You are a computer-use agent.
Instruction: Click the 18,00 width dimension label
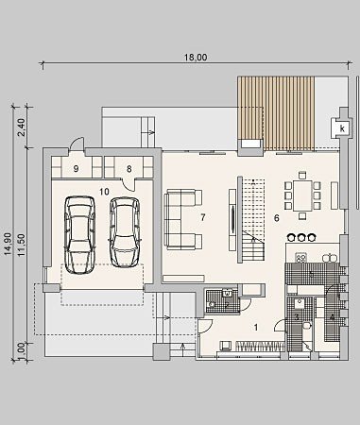coord(196,58)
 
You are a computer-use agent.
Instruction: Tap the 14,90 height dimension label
coord(9,244)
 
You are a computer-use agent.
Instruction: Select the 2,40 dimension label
coord(22,127)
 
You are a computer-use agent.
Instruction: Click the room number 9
coord(76,169)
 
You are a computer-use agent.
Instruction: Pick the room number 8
coord(129,169)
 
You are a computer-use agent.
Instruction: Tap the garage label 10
coord(104,192)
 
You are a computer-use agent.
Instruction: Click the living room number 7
coord(203,217)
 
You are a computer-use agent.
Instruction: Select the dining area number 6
coord(277,218)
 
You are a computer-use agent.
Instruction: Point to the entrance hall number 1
coord(256,328)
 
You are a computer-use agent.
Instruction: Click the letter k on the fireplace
coord(342,128)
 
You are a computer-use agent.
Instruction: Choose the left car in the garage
coord(80,235)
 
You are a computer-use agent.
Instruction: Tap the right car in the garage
coord(125,232)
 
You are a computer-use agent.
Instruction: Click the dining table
coord(302,195)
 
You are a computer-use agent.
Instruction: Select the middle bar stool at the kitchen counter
coord(301,237)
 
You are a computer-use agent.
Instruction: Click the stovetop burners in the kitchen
coord(301,258)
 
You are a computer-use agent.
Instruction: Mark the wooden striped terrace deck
coord(276,113)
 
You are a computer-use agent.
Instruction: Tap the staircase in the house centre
coord(252,220)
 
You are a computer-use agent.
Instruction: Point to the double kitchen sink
coord(330,258)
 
